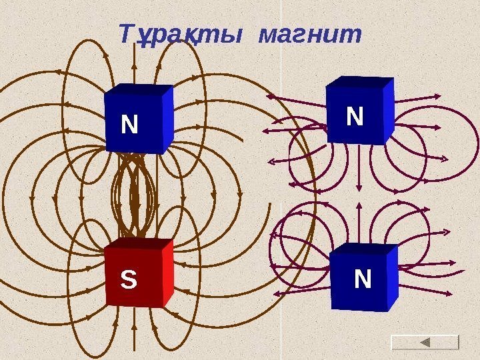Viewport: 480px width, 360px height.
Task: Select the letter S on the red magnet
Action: pos(127,279)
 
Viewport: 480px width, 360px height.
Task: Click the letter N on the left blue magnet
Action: pos(129,124)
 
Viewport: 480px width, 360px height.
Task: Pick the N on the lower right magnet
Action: pos(362,279)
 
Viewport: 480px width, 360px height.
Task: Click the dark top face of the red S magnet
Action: pos(139,244)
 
